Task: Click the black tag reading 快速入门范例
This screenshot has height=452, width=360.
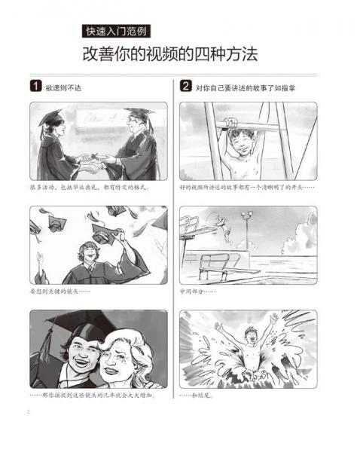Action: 117,32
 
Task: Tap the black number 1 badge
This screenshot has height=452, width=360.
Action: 35,87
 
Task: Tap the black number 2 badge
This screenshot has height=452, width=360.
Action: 186,87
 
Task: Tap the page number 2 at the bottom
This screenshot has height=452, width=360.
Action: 28,411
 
